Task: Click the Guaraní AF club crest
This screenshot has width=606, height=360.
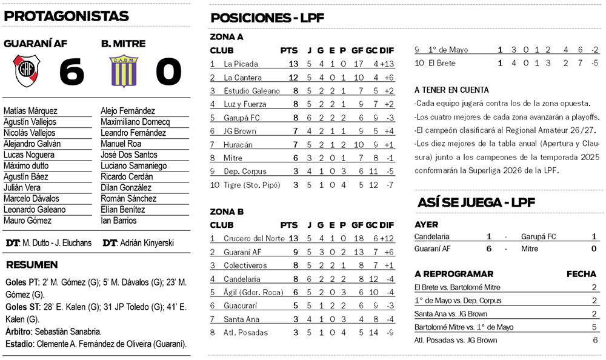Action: click(x=27, y=70)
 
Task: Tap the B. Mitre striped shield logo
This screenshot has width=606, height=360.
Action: click(x=124, y=70)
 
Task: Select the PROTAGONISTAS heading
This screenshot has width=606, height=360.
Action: click(x=66, y=16)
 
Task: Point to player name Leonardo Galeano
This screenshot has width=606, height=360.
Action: click(x=34, y=210)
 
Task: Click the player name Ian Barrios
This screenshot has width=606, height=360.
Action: click(x=119, y=221)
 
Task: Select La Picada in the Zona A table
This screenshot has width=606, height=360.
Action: click(x=241, y=64)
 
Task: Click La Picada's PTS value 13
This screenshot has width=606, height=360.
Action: click(x=293, y=64)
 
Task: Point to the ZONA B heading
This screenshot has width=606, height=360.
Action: click(x=227, y=212)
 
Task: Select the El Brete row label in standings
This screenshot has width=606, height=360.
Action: click(x=441, y=63)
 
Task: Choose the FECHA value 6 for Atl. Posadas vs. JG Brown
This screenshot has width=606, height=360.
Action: click(x=594, y=341)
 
